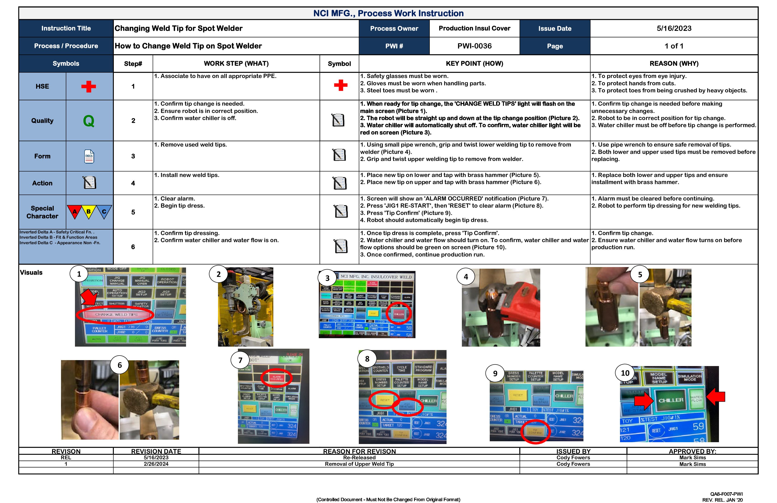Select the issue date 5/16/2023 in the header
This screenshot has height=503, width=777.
pos(674,28)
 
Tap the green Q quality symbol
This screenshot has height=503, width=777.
pos(88,121)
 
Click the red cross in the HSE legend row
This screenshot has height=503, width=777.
pos(88,87)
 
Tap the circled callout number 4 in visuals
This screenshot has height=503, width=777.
pos(466,277)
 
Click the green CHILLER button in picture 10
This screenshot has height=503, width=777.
pos(671,400)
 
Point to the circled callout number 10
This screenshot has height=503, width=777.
pos(625,373)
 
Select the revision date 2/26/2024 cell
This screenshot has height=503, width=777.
pos(156,464)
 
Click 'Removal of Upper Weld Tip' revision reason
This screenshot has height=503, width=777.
pos(359,464)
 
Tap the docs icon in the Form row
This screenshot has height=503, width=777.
pos(89,156)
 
